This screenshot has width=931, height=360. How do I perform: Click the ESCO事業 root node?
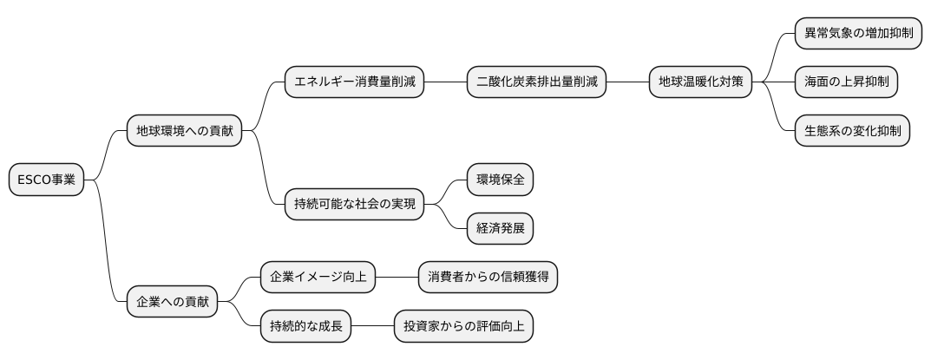point(46,180)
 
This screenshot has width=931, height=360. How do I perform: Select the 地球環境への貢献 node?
point(184,132)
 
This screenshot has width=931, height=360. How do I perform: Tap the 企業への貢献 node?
point(173,302)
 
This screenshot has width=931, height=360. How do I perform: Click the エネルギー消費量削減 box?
point(355,83)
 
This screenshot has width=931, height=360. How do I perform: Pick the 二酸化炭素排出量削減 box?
point(536,83)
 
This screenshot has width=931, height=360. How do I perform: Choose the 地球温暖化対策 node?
point(701,83)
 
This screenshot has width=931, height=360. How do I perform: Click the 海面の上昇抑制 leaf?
point(846,83)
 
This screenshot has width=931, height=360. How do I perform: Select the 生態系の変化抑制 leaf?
point(852,132)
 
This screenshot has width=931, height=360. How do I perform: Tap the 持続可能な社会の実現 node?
point(355,205)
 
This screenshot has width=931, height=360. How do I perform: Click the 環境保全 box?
point(500,180)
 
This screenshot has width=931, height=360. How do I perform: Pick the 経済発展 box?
point(500,229)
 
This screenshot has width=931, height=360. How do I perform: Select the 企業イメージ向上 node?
point(318,278)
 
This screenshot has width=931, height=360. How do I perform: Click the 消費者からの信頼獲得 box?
point(488,278)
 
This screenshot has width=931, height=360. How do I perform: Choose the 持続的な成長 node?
point(305,327)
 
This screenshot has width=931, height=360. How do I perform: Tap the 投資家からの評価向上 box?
point(463,327)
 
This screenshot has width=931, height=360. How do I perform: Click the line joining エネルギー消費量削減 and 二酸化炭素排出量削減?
point(445,83)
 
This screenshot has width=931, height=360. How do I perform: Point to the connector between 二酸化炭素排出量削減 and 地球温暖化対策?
point(627,83)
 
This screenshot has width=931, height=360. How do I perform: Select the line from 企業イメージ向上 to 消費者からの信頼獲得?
point(397,278)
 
